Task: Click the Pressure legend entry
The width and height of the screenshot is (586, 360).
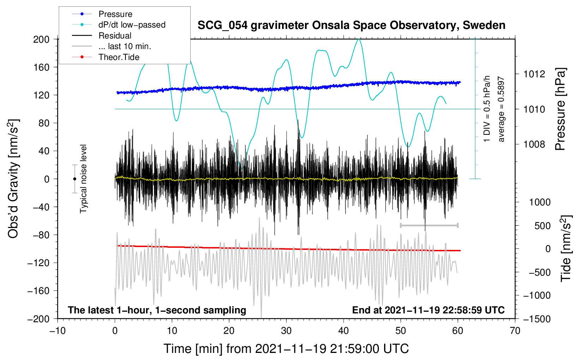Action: pyautogui.click(x=102, y=14)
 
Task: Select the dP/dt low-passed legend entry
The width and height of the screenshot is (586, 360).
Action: pyautogui.click(x=119, y=25)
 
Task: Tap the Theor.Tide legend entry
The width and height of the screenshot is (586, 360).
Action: pyautogui.click(x=106, y=57)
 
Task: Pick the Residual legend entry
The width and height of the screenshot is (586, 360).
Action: pyautogui.click(x=102, y=36)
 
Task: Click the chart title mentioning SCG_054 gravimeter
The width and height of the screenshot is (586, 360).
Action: pyautogui.click(x=351, y=25)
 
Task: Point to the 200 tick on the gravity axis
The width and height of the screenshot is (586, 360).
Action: pyautogui.click(x=41, y=40)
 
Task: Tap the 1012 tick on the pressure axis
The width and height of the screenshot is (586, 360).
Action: pyautogui.click(x=534, y=74)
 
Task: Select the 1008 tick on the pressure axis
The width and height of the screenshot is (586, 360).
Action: pyautogui.click(x=534, y=144)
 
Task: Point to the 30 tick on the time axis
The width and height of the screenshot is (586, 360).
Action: pyautogui.click(x=286, y=331)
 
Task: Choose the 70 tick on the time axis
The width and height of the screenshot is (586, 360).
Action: pyautogui.click(x=515, y=331)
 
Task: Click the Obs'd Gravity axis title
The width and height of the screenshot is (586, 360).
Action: pyautogui.click(x=13, y=179)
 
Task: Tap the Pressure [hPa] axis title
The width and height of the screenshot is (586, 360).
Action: pyautogui.click(x=560, y=109)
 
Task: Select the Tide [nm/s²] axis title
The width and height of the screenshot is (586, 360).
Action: pyautogui.click(x=566, y=248)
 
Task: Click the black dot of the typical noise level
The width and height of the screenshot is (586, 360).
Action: pyautogui.click(x=74, y=179)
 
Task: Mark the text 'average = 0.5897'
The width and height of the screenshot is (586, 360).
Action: pyautogui.click(x=501, y=109)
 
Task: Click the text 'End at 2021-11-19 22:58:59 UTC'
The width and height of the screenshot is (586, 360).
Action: pyautogui.click(x=428, y=310)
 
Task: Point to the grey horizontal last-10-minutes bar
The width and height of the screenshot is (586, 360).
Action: pyautogui.click(x=429, y=225)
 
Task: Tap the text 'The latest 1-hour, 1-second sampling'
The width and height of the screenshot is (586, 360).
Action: pyautogui.click(x=157, y=310)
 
